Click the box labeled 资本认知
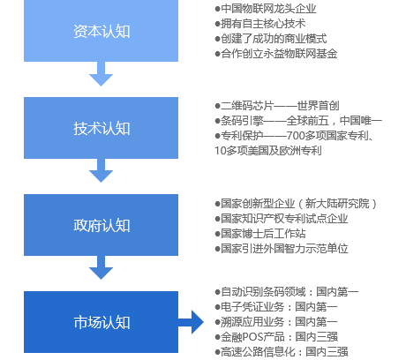[101, 31]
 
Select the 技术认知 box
[101, 128]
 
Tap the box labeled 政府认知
[101, 225]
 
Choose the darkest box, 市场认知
[101, 322]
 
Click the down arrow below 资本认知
[101, 74]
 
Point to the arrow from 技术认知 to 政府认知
[101, 170]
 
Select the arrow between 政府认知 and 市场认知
[101, 267]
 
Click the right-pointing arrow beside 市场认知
[191, 322]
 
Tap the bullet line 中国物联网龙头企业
[266, 9]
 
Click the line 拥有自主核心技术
[260, 24]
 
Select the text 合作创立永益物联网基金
[276, 54]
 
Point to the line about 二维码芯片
[277, 106]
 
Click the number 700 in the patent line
[295, 136]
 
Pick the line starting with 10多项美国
[268, 151]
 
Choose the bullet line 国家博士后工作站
[260, 234]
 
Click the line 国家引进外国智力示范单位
[282, 249]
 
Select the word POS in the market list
[252, 337]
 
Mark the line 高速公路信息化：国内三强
[282, 352]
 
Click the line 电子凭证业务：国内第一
[276, 307]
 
